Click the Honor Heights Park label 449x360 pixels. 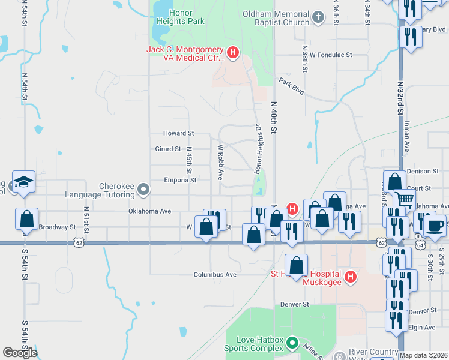pos(181,17)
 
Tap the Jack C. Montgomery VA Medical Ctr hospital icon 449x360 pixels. pos(233,54)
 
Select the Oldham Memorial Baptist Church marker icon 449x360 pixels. pos(318,19)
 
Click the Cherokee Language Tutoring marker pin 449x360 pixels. pos(143,190)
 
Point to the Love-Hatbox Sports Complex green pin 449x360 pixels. pos(292,343)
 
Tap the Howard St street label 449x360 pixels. pos(179,133)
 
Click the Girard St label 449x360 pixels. pos(168,149)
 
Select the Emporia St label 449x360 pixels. pos(180,180)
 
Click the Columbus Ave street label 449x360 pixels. pos(215,275)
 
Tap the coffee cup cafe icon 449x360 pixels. pos(435,226)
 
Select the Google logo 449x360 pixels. pos(20,353)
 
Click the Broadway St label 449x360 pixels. pos(57,227)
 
